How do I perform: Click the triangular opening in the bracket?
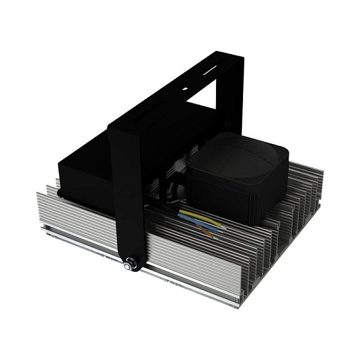point(205,100)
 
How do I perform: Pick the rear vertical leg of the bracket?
point(234,96)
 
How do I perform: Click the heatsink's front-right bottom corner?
point(240,303)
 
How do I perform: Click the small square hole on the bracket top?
point(184,89)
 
